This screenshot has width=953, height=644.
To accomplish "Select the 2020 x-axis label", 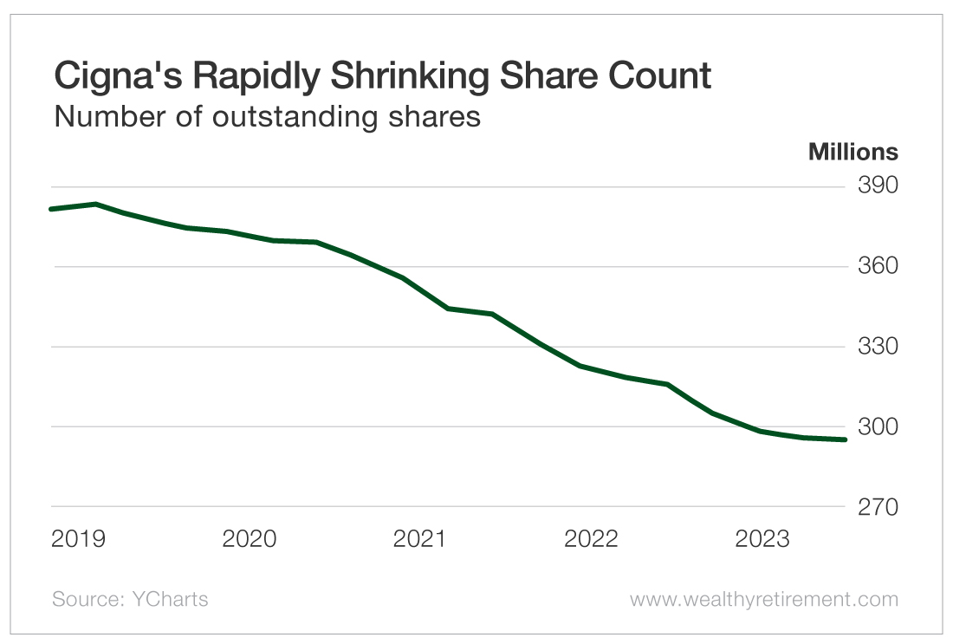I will [250, 539].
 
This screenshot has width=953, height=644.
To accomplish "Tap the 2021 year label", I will [420, 539].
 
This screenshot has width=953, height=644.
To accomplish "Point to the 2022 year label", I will [592, 539].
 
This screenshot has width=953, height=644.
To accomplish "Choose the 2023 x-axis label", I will [762, 539].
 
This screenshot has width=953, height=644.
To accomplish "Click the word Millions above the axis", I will [853, 153].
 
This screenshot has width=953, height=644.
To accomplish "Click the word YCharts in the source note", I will [170, 599].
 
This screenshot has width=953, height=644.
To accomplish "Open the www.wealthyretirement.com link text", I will [763, 599].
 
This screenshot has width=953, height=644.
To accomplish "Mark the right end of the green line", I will [845, 439].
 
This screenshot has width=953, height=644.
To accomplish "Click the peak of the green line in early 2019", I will [95, 204].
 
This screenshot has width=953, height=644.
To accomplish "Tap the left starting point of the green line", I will [52, 209].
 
